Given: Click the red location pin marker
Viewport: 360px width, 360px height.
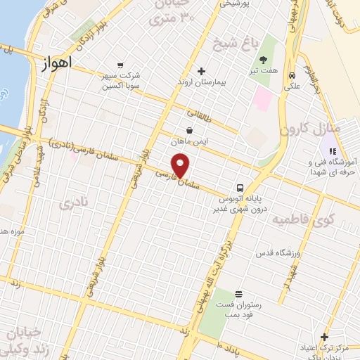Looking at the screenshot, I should pos(181,166).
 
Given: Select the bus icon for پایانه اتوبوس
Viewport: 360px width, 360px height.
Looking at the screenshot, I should pos(240,188).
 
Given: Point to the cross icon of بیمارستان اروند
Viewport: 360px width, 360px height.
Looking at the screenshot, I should pos(201,71).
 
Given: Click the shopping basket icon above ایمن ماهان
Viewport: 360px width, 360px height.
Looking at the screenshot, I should pos(190,130).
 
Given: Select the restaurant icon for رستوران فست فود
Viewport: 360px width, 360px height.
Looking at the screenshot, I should pos(238,293).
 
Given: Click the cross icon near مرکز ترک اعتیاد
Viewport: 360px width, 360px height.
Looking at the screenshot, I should pos(324,337).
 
